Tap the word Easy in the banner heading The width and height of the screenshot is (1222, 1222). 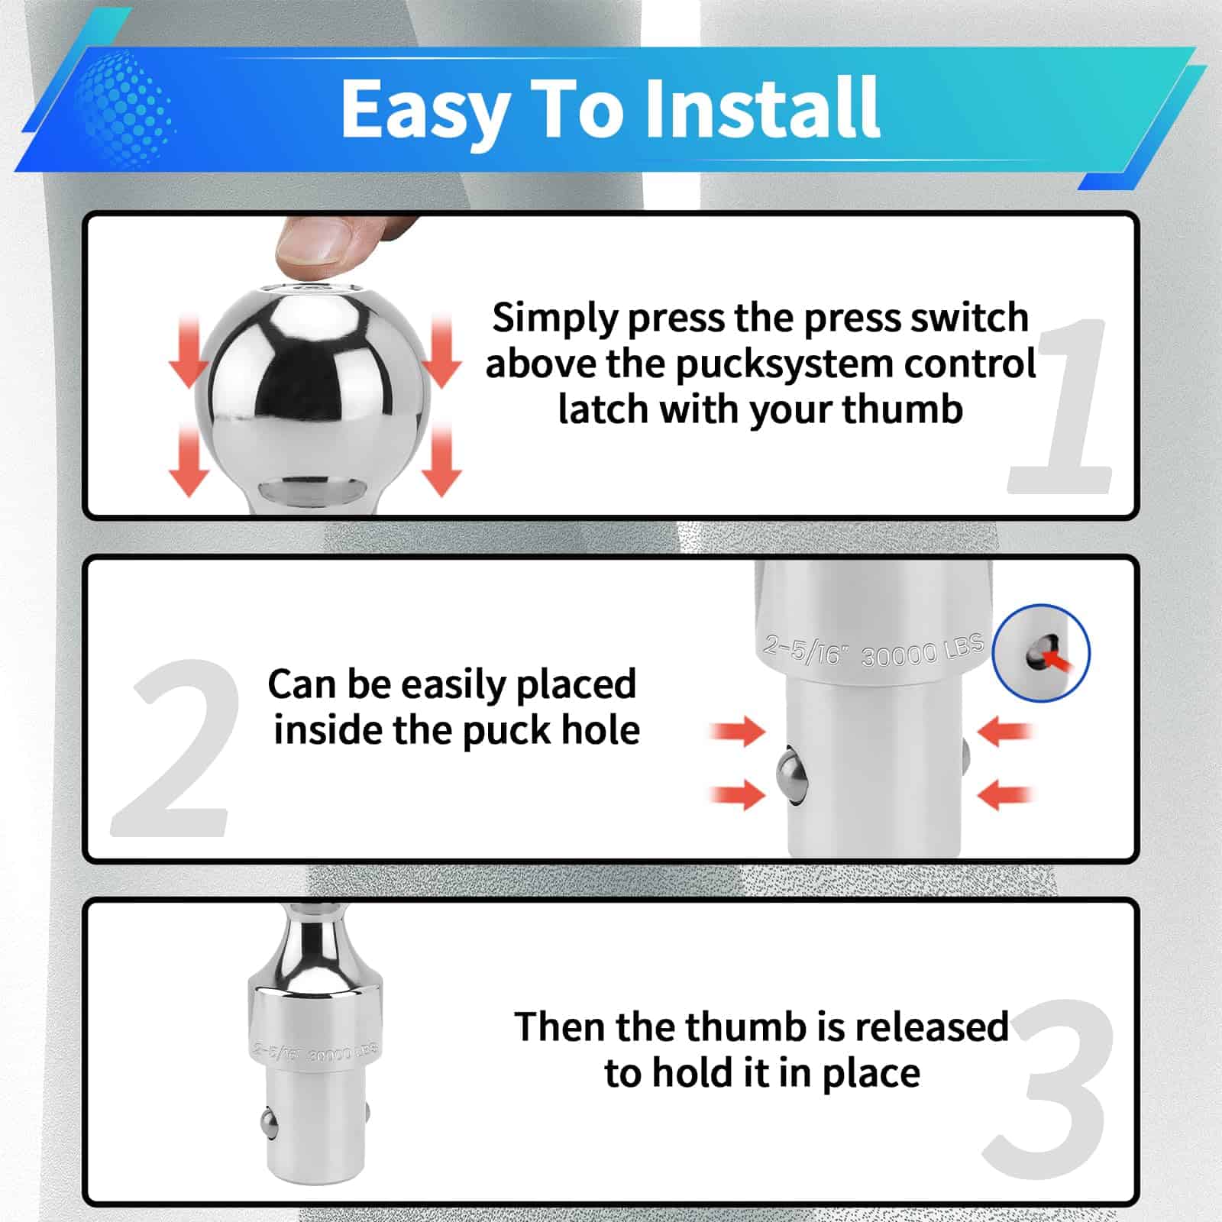(x=426, y=112)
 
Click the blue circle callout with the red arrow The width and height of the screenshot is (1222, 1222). (x=1041, y=652)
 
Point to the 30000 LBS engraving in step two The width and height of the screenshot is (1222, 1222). (x=922, y=650)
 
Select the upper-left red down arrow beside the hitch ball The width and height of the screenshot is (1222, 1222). (x=188, y=350)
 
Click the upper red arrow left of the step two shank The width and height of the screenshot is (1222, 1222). (x=737, y=731)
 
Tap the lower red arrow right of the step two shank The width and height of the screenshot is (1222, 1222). (x=1006, y=794)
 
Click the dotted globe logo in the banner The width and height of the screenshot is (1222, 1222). (x=126, y=108)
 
